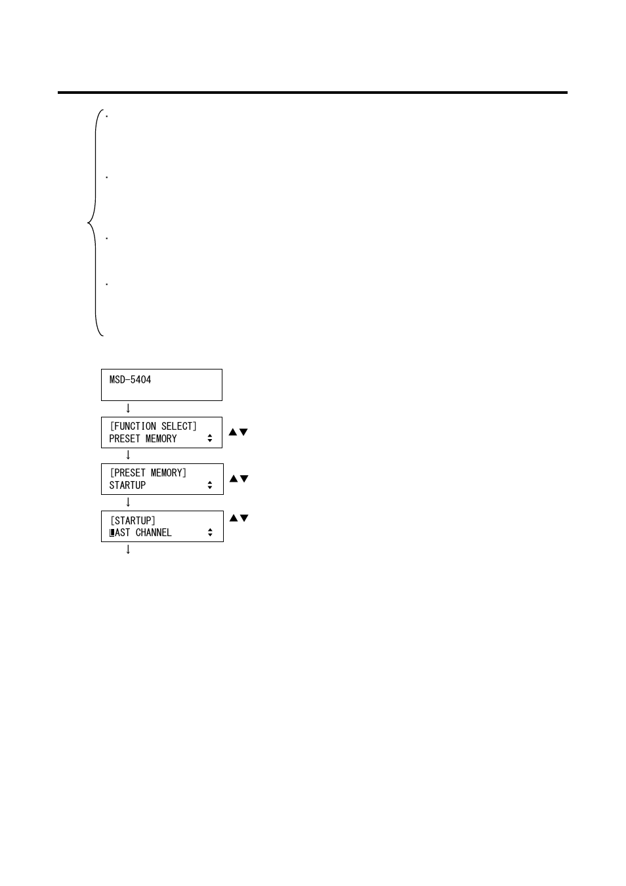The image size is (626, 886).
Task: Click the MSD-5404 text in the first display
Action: pyautogui.click(x=130, y=379)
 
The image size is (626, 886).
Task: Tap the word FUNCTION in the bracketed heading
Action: pyautogui.click(x=135, y=426)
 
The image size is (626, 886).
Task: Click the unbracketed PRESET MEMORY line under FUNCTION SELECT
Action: pyautogui.click(x=143, y=438)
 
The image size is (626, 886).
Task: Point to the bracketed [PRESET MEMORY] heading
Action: pyautogui.click(x=148, y=473)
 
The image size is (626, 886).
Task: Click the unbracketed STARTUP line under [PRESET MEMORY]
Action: pyautogui.click(x=127, y=485)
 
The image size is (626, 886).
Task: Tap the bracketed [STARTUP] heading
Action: pyautogui.click(x=133, y=520)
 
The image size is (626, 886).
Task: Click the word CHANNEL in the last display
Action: pyautogui.click(x=154, y=532)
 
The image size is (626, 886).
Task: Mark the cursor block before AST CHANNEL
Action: pyautogui.click(x=112, y=533)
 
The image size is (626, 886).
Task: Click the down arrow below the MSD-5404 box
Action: pyautogui.click(x=128, y=408)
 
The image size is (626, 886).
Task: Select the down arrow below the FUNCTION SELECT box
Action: pyautogui.click(x=128, y=455)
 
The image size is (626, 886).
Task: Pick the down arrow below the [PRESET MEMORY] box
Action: pyautogui.click(x=128, y=502)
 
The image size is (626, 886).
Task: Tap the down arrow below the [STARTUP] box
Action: pyautogui.click(x=128, y=549)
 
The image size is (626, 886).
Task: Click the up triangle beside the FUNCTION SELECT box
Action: pyautogui.click(x=232, y=432)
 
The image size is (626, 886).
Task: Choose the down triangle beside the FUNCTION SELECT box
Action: pyautogui.click(x=243, y=432)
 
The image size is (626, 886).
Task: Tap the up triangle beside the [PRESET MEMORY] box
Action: pyautogui.click(x=233, y=478)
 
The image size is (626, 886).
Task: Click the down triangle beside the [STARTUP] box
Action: pyautogui.click(x=244, y=518)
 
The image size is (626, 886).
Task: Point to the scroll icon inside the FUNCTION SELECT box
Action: pyautogui.click(x=210, y=438)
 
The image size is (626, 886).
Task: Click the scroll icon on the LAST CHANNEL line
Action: pyautogui.click(x=210, y=532)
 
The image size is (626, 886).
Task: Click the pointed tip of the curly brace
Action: pyautogui.click(x=89, y=224)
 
